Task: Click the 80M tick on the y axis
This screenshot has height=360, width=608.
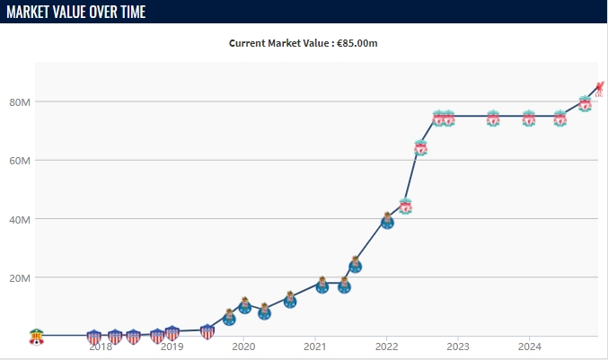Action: pos(19,102)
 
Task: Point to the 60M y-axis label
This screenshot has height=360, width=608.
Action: pos(19,161)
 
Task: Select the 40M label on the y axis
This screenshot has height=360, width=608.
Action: pos(19,219)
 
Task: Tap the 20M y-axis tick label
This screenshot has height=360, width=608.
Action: pos(19,277)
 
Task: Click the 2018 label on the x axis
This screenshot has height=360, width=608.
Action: pos(101,346)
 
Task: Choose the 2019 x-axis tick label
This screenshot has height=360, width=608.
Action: pos(172,346)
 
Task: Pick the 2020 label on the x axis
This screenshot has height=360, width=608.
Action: pos(243,346)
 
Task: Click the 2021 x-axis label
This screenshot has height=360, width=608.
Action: pos(314,346)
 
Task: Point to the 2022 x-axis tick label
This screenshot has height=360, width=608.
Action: pos(386,346)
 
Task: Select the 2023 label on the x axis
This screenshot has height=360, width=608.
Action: pos(457,346)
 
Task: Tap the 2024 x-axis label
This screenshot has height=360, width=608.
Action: pos(529,346)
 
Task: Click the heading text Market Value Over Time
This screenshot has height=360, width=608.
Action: pos(76,12)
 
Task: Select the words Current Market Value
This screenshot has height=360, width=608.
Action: pos(286,42)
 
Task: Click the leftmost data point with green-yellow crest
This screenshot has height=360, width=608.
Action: pos(36,336)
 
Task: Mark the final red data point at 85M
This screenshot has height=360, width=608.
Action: pos(600,88)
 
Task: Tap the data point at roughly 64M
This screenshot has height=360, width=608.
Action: pos(420,148)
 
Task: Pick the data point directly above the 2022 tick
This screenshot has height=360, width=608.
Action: pos(387,221)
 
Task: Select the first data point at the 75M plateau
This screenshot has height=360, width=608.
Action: pos(438,119)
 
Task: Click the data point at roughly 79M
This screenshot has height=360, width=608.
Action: pos(585,104)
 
